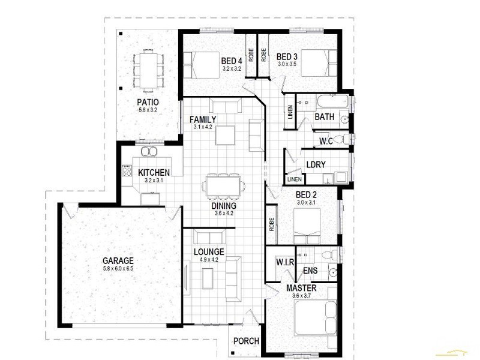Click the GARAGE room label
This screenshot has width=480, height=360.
click(118, 261)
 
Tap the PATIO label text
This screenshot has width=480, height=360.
click(147, 102)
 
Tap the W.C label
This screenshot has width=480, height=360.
click(326, 142)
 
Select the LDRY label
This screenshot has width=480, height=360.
click(316, 164)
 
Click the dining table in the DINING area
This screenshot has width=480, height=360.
click(223, 185)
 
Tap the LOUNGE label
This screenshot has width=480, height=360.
click(209, 252)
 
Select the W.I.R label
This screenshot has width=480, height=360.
click(283, 262)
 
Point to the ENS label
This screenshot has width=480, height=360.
click(310, 271)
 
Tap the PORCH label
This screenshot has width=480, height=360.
click(246, 341)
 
